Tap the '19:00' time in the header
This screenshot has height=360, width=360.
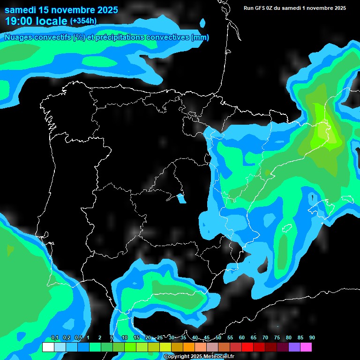pyautogui.click(x=18, y=21)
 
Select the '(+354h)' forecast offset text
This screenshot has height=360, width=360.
pyautogui.click(x=83, y=21)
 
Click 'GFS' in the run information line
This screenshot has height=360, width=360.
pyautogui.click(x=261, y=8)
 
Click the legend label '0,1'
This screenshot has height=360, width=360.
pyautogui.click(x=54, y=338)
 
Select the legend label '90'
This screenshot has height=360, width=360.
pyautogui.click(x=312, y=338)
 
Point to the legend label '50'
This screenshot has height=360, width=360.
pyautogui.click(x=218, y=338)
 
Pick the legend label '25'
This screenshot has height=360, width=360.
pyautogui.click(x=160, y=338)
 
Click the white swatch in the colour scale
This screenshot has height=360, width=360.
pyautogui.click(x=48, y=347)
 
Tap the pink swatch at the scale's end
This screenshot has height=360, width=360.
pyautogui.click(x=306, y=347)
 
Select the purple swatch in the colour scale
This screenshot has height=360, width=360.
pyautogui.click(x=294, y=347)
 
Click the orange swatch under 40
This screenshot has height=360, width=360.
pyautogui.click(x=188, y=347)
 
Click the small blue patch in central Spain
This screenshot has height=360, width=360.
pyautogui.click(x=181, y=199)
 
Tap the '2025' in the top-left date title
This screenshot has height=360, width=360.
pyautogui.click(x=107, y=10)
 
